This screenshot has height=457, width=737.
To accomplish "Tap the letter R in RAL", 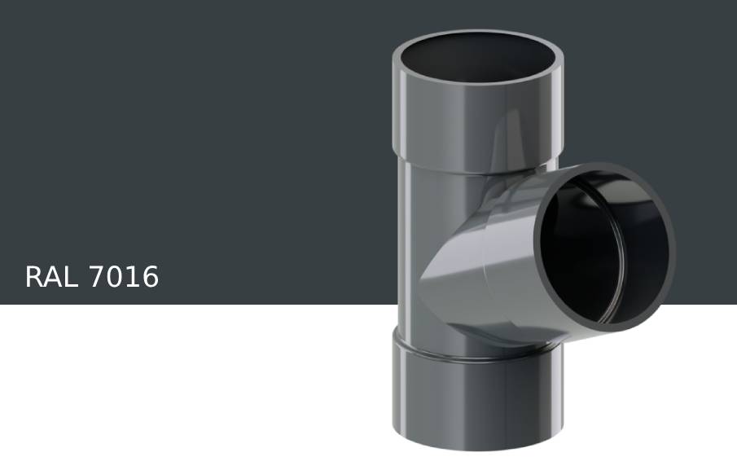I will coord(33,278).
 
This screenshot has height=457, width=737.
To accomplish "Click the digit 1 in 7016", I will coord(133,278).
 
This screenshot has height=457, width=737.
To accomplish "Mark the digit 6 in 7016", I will coord(150,278).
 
